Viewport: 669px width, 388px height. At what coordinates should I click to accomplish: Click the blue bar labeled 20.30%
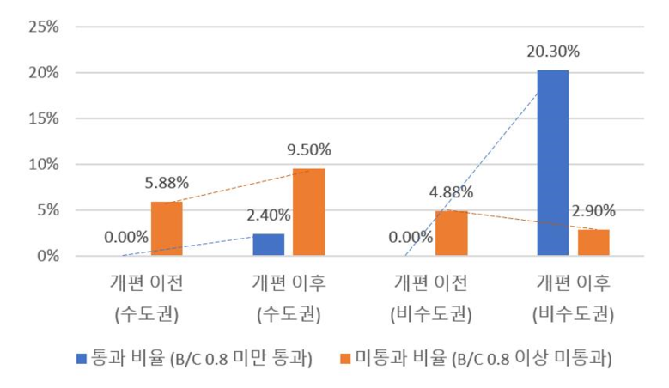[x=552, y=162]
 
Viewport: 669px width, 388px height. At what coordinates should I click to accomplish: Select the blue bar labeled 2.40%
[x=268, y=245]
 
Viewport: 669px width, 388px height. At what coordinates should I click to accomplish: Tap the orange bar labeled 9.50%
[x=308, y=212]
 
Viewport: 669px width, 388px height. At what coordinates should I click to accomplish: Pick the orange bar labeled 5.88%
[x=167, y=228]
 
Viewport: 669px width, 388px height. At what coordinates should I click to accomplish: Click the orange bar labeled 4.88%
[x=451, y=233]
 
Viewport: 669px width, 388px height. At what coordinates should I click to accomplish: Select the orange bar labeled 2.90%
[x=593, y=242]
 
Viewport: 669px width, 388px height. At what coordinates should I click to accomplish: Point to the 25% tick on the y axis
[x=43, y=27]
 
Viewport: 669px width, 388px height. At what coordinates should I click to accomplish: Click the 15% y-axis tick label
[x=43, y=118]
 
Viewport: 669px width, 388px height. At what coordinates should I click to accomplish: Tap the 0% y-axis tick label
[x=47, y=256]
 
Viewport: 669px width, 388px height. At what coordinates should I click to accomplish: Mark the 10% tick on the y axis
[x=43, y=164]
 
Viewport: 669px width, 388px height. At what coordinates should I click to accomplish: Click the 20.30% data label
[x=552, y=52]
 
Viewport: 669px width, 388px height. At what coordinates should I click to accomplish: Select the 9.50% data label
[x=308, y=149]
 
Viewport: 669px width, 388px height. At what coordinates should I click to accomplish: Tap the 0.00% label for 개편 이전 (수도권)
[x=125, y=238]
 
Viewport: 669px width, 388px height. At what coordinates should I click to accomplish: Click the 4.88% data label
[x=451, y=191]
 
